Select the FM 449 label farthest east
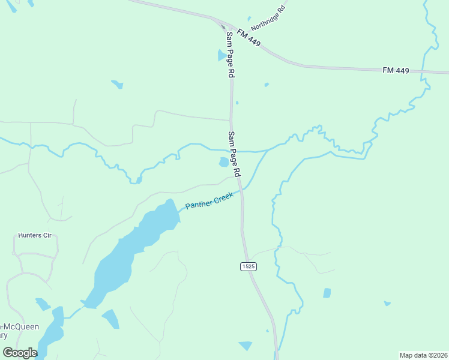396,71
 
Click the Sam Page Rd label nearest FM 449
229,55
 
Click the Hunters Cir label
35,235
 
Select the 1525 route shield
249,266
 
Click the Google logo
20,352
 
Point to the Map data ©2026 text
423,355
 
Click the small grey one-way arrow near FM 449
223,26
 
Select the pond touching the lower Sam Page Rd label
224,162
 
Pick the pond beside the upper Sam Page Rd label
221,56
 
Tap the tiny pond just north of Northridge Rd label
249,19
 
